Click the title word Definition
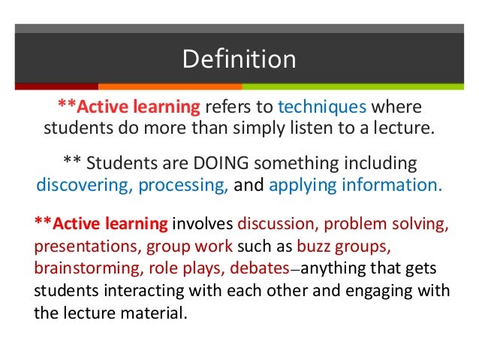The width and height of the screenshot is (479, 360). (239, 58)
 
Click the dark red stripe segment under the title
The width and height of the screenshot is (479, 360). (57, 86)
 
